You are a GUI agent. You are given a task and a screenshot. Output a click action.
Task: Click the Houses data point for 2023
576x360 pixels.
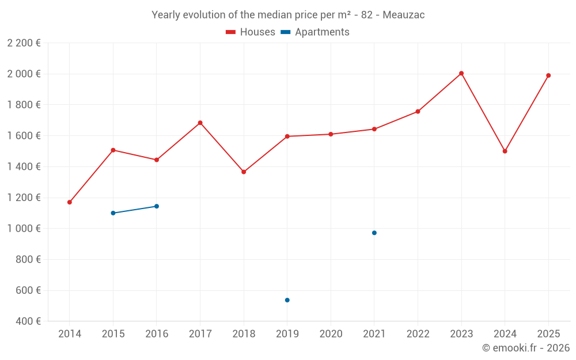(x=461, y=73)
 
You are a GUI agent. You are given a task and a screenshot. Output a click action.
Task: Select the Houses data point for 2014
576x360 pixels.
(x=70, y=202)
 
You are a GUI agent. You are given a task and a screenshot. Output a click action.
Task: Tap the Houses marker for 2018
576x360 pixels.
(x=244, y=172)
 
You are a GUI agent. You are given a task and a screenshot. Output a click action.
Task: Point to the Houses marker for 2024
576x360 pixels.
(x=505, y=151)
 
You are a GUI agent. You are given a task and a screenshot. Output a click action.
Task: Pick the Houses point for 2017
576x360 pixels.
(x=200, y=123)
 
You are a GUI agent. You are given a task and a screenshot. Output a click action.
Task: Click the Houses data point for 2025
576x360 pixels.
(x=548, y=75)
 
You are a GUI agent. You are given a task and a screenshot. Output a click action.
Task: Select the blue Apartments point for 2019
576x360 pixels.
(x=287, y=300)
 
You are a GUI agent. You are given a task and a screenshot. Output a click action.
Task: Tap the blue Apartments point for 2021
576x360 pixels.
(x=374, y=233)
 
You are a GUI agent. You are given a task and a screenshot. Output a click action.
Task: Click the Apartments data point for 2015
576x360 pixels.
(x=113, y=213)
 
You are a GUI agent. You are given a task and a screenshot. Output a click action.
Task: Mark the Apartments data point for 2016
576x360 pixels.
(x=157, y=206)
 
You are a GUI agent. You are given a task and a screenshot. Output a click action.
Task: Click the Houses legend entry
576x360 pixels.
(x=251, y=32)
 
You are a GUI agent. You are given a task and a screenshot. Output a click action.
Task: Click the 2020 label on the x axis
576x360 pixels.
(x=331, y=334)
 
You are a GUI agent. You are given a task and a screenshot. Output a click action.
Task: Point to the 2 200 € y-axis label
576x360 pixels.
(x=24, y=43)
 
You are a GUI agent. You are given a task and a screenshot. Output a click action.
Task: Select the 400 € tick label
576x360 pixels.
(x=28, y=321)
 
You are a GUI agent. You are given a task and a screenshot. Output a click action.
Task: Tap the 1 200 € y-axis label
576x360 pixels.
(x=24, y=198)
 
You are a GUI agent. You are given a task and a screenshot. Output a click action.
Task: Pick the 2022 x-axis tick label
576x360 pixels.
(x=418, y=334)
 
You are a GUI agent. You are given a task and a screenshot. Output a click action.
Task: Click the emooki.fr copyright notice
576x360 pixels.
(x=525, y=348)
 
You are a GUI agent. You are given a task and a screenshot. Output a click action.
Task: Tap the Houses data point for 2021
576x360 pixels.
(x=374, y=129)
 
